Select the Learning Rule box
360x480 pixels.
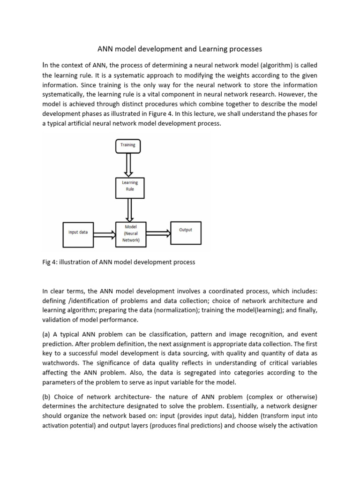[x=130, y=186]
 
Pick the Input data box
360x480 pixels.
[x=78, y=233]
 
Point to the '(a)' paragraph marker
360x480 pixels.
[x=47, y=335]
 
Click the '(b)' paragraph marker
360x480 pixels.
[x=47, y=396]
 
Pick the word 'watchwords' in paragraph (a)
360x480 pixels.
[x=60, y=363]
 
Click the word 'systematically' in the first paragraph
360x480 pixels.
[x=67, y=95]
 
